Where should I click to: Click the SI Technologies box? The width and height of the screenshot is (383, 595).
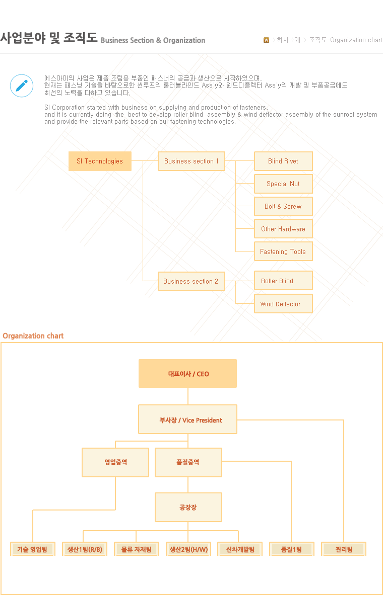point(100,161)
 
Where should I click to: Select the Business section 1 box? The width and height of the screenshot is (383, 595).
point(191,161)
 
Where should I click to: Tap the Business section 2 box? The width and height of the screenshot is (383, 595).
point(191,281)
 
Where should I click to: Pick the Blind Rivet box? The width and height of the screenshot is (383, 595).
point(283,161)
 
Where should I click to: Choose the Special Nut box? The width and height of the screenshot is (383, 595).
point(283,184)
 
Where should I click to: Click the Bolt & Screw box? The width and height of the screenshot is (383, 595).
point(283,206)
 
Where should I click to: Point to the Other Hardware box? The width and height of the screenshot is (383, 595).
point(283,229)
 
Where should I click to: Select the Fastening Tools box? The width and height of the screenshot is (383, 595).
point(283,251)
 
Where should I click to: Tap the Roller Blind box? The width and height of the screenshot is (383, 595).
point(283,281)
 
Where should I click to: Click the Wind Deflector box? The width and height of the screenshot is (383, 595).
point(283,304)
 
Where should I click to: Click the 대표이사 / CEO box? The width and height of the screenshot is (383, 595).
point(187,373)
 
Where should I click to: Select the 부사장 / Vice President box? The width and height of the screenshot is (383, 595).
point(187,419)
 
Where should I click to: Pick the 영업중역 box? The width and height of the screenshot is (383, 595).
point(115,462)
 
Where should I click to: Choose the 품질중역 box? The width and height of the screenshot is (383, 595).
point(188,462)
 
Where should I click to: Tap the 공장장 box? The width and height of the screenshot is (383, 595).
point(188,507)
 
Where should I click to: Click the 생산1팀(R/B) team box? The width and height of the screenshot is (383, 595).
point(85,549)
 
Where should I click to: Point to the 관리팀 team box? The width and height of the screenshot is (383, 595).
point(344,549)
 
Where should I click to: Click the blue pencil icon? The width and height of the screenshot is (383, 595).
point(22,86)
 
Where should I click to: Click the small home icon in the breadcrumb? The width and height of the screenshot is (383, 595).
point(267,40)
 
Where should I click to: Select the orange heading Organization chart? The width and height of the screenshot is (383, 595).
point(33,336)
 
